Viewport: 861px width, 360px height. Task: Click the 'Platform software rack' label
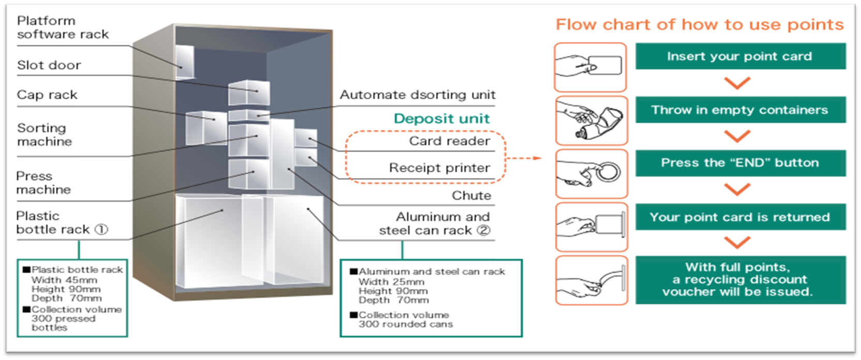click(63, 27)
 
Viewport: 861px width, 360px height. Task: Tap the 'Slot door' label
click(49, 65)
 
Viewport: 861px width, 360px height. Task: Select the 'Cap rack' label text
click(47, 95)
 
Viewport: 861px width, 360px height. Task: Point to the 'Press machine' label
click(43, 183)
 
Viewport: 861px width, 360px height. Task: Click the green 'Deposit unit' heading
click(441, 118)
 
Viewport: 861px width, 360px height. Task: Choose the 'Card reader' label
click(449, 141)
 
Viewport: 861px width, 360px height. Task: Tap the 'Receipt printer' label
click(439, 168)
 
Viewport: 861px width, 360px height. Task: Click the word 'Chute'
click(471, 196)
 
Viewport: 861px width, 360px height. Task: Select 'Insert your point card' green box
click(739, 56)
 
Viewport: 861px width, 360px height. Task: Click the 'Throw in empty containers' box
click(739, 110)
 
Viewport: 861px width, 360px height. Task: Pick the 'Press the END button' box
click(739, 163)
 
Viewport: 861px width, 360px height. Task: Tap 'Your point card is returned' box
click(739, 217)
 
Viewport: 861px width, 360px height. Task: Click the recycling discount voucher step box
click(739, 280)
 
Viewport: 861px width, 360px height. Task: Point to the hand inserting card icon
click(591, 67)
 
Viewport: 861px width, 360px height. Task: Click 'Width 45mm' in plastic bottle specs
click(64, 280)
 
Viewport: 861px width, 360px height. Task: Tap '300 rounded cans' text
click(405, 324)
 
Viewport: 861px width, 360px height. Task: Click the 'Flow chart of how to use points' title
click(699, 24)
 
